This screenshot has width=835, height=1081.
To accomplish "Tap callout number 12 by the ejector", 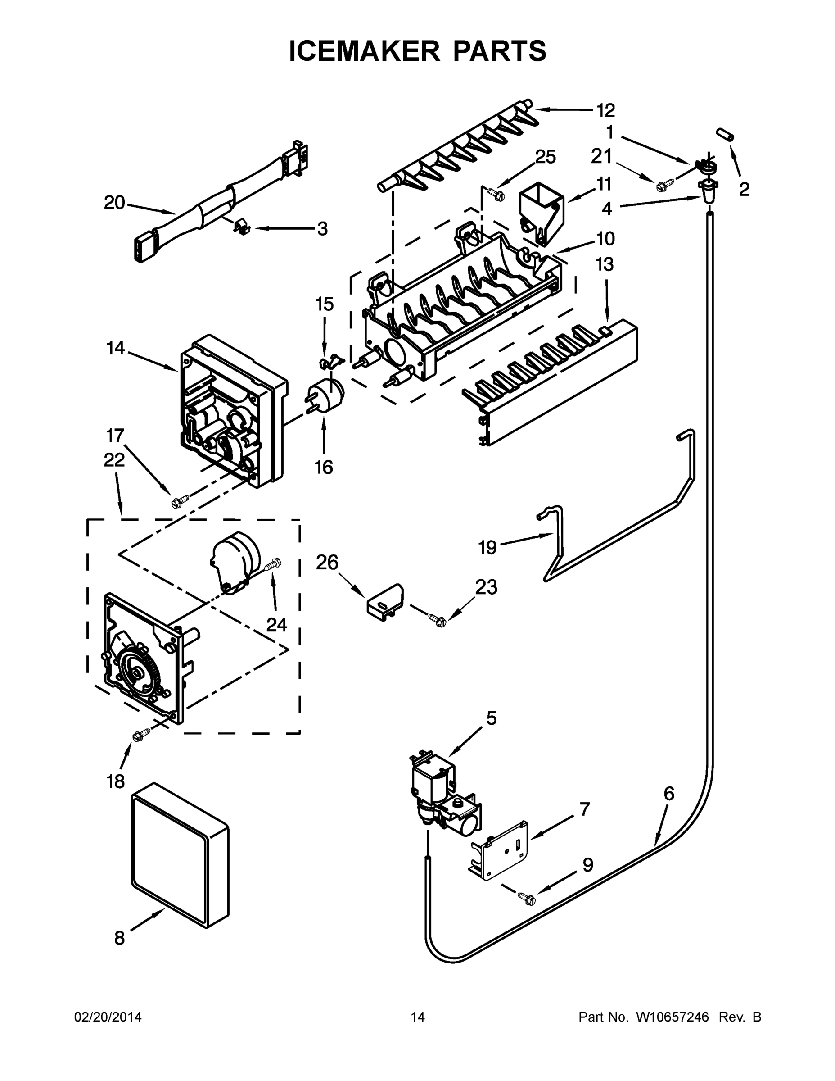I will (x=605, y=110).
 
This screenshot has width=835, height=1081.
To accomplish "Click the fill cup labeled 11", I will (x=541, y=213).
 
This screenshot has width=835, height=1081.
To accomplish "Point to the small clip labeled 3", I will (x=241, y=227).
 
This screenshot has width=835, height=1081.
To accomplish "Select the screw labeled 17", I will (x=179, y=502).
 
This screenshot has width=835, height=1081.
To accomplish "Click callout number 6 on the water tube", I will (x=668, y=794).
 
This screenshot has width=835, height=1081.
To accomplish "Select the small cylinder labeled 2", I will (x=725, y=134).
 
